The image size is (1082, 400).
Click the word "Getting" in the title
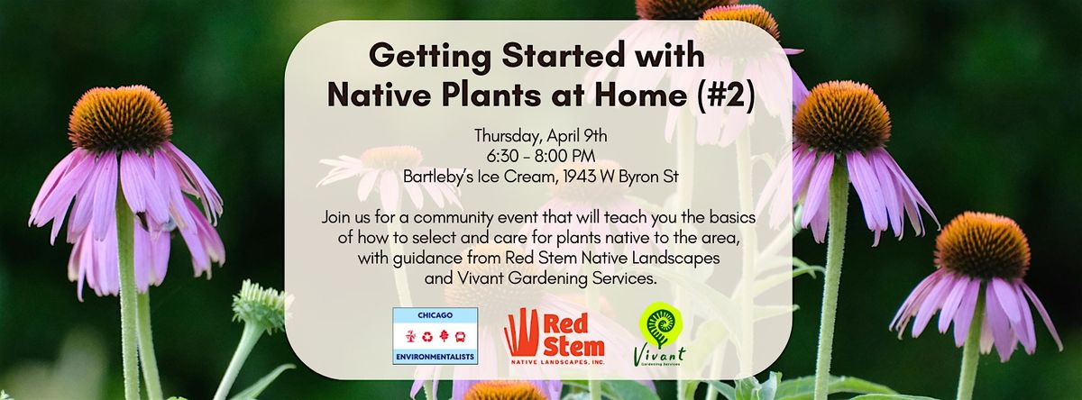point(430,57)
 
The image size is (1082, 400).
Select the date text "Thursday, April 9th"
point(540,136)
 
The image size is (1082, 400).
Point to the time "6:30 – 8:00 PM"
point(540,157)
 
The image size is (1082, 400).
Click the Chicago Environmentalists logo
point(435,336)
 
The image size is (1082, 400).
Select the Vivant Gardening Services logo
point(659,334)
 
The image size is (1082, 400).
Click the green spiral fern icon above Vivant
point(660,323)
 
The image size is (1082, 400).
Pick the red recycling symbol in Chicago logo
point(427,336)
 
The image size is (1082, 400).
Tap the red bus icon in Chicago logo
point(460,336)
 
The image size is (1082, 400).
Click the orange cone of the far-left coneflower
point(120,118)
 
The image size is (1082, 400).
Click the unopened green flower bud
point(261,305)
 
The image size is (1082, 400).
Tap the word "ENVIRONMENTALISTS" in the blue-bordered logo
point(435,358)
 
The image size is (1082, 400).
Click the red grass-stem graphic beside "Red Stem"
point(521,332)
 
